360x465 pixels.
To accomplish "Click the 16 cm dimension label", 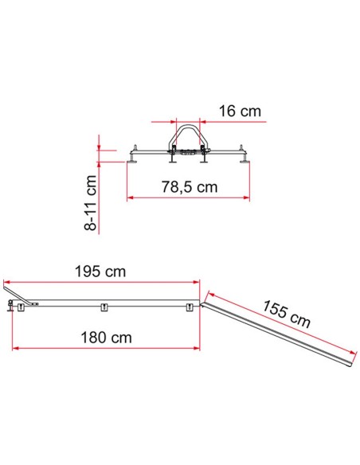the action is (240, 111).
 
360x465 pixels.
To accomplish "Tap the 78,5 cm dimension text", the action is (190, 187).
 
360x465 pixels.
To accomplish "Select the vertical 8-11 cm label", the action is (91, 203).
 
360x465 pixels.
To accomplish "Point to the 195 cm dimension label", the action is (100, 272).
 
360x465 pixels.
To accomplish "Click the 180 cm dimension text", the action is (106, 338).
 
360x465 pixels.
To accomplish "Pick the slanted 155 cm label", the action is (286, 314).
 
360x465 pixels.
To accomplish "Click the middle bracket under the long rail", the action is (104, 307).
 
